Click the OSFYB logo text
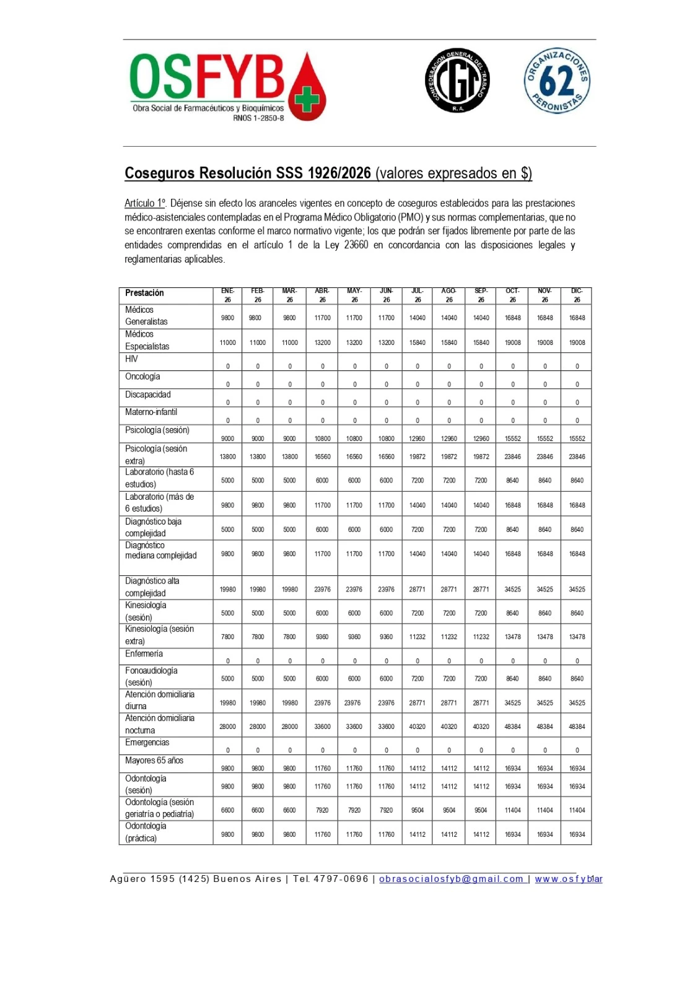coord(207,77)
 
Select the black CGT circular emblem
coord(457,81)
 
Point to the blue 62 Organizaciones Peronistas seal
coord(557,81)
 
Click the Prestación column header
coord(144,293)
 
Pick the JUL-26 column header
coord(418,295)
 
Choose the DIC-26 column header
coord(577,295)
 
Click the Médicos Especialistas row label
coord(147,340)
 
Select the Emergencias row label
coord(147,743)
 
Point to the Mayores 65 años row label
coord(154,761)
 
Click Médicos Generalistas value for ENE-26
coord(228,318)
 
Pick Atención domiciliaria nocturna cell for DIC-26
coord(577,727)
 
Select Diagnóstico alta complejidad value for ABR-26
coord(322,590)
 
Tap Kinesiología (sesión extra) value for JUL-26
coord(418,637)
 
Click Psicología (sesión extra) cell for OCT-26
coord(513,456)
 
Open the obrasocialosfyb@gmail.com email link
coord(452,879)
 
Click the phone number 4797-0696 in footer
coord(341,879)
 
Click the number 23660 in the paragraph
coord(356,245)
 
